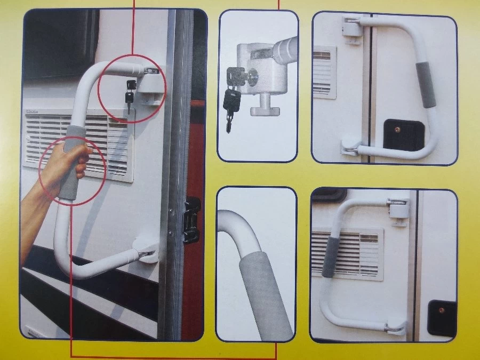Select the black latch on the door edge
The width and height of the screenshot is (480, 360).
pos(191,219)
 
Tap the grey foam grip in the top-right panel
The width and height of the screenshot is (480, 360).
pos(427,84)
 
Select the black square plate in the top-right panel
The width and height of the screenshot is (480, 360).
pos(404,135)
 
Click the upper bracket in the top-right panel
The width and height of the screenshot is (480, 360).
pos(353,26)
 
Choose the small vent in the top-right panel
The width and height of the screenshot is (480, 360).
pos(324,72)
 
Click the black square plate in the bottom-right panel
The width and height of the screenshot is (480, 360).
pos(442,318)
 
